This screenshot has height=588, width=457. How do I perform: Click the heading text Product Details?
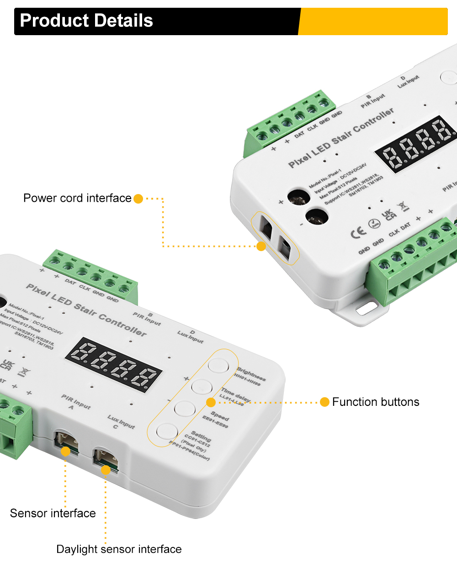86,21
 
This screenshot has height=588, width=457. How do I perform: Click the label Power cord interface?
77,198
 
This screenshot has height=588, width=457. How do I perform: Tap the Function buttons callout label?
375,402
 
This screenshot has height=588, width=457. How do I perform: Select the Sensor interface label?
53,513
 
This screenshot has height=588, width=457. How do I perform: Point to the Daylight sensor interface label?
119,549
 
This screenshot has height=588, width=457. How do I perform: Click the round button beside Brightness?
218,365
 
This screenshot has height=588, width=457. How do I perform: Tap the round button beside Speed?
185,408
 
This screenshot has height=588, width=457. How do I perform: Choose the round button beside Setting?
167,431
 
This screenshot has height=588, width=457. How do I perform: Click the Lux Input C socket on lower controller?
105,458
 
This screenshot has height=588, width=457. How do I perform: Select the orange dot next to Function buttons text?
324,402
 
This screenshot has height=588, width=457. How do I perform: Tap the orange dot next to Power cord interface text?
138,199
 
